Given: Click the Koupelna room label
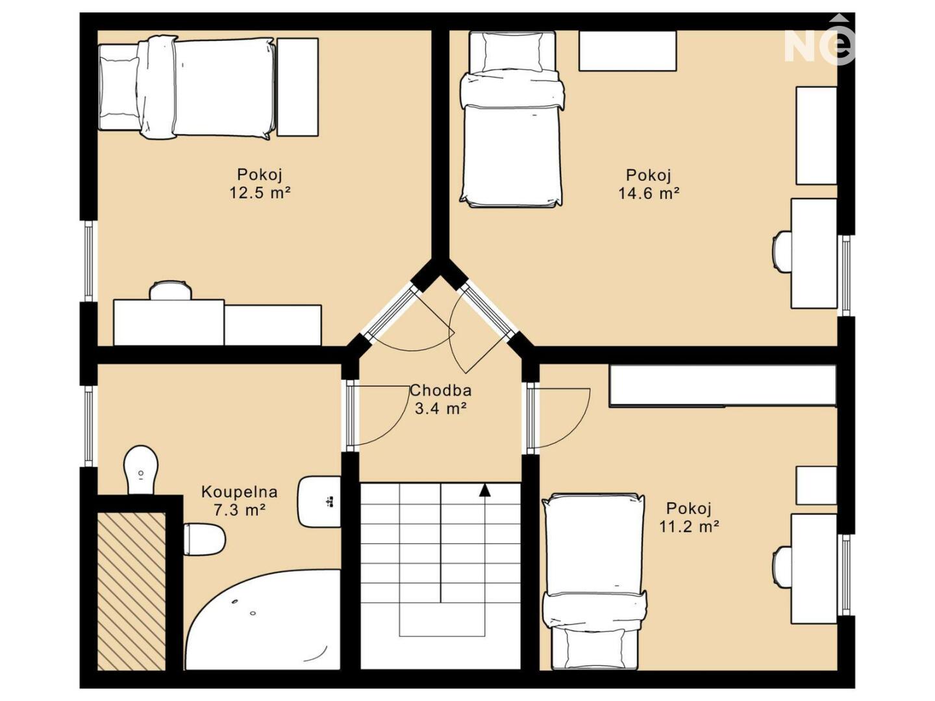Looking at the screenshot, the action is [x=239, y=492].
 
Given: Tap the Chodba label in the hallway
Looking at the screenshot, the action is [x=440, y=390].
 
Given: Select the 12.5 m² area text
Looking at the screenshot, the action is [x=260, y=193].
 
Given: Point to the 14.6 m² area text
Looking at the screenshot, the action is [x=648, y=193].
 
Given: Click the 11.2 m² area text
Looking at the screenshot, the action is [x=689, y=527].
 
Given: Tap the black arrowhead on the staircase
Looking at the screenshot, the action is [x=485, y=490].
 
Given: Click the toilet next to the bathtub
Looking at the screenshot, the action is [x=204, y=539].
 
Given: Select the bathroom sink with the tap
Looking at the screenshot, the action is [x=319, y=501].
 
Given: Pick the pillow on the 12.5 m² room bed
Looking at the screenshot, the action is [x=119, y=86].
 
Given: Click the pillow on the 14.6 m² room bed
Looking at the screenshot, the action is [x=513, y=52].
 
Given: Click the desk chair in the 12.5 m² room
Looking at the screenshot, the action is [x=170, y=290].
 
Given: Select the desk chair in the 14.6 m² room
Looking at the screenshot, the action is [x=782, y=252].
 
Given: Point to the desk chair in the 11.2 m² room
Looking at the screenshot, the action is [x=782, y=567].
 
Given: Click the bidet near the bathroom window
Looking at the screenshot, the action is [x=140, y=470].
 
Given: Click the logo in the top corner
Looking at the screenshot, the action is [x=819, y=43].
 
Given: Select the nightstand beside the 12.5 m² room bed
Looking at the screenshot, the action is [x=297, y=87].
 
